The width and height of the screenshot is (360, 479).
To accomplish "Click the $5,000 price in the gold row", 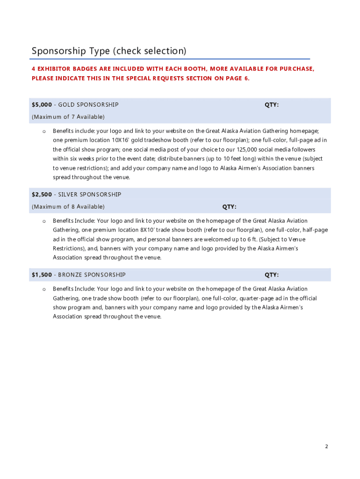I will click(x=42, y=105).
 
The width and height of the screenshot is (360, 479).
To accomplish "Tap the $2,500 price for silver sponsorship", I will click(x=42, y=194).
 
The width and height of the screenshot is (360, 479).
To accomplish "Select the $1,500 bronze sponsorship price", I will click(x=42, y=275).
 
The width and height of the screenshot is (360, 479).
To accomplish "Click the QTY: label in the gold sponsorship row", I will click(x=272, y=105).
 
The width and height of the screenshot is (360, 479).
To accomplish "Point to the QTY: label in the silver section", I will click(x=229, y=207).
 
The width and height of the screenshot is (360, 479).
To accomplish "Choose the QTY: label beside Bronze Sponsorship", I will click(x=272, y=275).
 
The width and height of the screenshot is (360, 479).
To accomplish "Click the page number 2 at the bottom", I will click(x=327, y=446).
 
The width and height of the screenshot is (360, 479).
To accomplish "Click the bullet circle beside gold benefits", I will click(x=43, y=131).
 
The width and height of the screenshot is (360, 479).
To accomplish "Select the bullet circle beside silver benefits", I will click(x=43, y=221).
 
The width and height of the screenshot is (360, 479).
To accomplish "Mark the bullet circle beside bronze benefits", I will click(x=43, y=290).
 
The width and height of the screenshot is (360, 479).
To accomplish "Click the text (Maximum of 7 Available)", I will click(x=68, y=116).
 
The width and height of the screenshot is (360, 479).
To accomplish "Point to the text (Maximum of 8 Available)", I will click(x=68, y=207).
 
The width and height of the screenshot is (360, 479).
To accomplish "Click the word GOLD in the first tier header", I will click(x=66, y=105).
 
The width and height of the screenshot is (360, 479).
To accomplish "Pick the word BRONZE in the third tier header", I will click(x=70, y=275).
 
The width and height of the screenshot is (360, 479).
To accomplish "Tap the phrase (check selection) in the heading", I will click(x=151, y=51).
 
